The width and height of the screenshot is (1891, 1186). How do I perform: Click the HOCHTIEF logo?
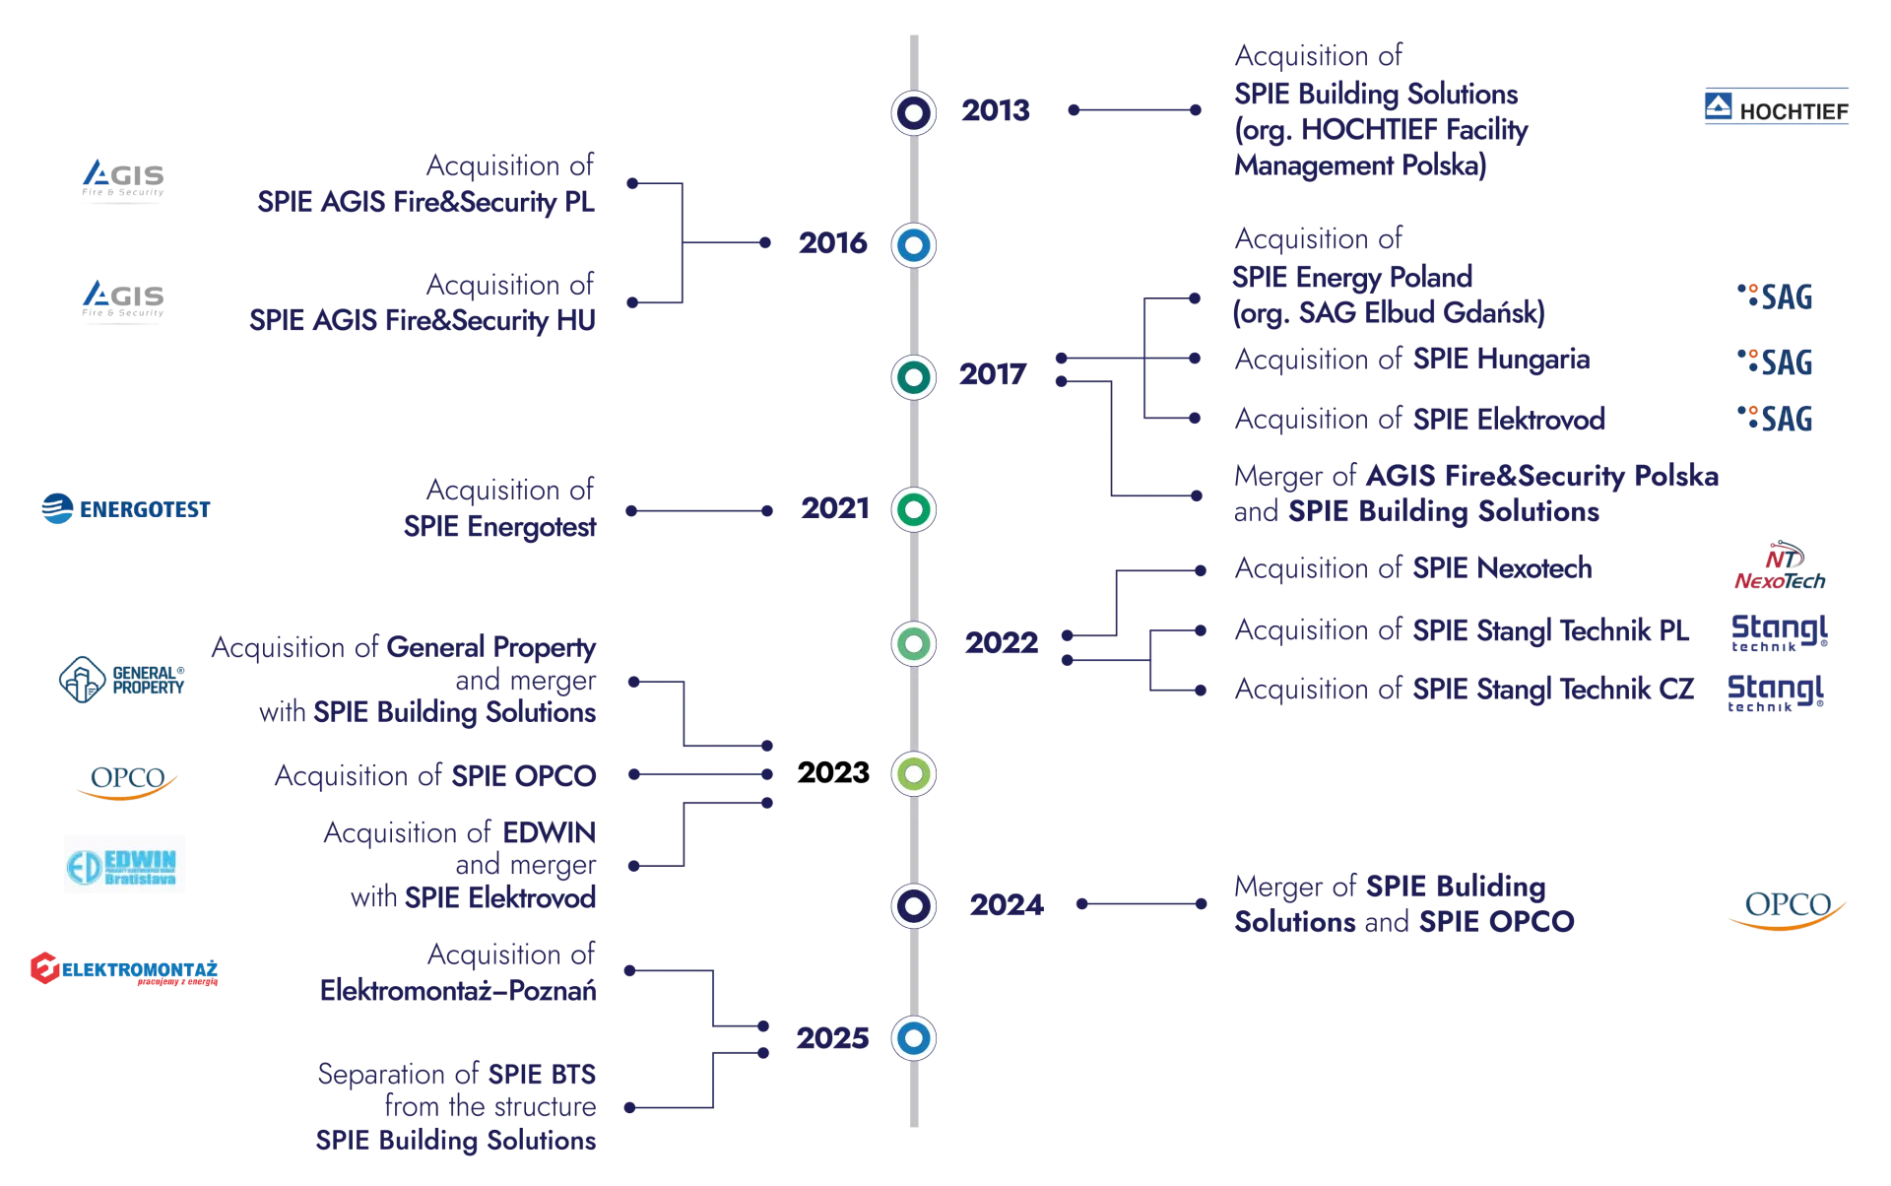tap(1776, 107)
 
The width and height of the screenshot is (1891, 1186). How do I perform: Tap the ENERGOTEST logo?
tap(126, 508)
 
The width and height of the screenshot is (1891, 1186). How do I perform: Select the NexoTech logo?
tap(1780, 565)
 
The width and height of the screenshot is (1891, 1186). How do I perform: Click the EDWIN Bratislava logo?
tap(126, 863)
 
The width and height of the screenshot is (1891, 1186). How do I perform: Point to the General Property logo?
tap(121, 680)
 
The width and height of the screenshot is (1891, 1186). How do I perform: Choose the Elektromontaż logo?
tap(122, 969)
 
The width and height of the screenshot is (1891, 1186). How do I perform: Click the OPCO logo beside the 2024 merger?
tap(1787, 911)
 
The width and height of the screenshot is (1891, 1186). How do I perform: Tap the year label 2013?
tap(996, 111)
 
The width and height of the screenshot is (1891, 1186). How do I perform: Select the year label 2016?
tap(832, 244)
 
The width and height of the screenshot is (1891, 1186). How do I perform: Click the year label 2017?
tap(993, 375)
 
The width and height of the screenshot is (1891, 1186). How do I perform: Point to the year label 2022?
tap(1000, 643)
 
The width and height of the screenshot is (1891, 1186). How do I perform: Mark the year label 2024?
tap(1007, 905)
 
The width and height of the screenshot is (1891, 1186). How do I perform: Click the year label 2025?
tap(833, 1038)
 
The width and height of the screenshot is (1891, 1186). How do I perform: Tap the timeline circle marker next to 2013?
tap(913, 112)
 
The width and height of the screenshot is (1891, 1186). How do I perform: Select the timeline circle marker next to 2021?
tap(913, 509)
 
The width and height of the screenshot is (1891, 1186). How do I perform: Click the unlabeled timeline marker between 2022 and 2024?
tap(913, 774)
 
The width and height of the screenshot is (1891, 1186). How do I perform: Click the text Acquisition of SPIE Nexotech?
tap(1410, 568)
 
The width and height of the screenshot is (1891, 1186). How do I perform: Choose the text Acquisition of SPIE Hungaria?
tap(1410, 360)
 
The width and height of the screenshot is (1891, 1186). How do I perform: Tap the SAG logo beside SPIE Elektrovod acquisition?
tap(1774, 418)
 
